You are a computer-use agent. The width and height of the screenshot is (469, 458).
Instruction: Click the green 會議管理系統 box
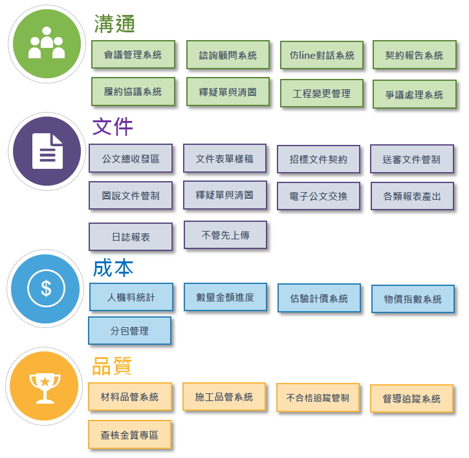click(133, 54)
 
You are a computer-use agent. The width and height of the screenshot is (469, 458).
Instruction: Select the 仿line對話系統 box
click(322, 55)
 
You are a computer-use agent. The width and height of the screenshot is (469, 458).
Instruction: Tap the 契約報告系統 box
click(415, 55)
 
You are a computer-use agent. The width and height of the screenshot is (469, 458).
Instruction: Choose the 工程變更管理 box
click(322, 93)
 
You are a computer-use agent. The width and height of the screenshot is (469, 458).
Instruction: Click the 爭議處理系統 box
click(415, 94)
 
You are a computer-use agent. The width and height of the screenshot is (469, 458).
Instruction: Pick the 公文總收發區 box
click(131, 158)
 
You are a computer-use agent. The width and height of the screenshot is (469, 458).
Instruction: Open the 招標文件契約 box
click(318, 159)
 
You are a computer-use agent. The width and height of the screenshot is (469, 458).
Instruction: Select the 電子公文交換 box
click(318, 196)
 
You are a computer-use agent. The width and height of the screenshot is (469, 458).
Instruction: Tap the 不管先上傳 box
click(225, 235)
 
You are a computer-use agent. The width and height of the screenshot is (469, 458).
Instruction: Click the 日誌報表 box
click(131, 237)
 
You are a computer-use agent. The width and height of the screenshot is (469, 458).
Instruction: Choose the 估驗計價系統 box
click(319, 298)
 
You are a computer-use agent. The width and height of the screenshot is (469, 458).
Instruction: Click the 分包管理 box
click(130, 331)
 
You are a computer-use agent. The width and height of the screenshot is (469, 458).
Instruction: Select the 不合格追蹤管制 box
click(318, 398)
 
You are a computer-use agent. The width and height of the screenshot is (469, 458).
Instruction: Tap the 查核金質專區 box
click(130, 435)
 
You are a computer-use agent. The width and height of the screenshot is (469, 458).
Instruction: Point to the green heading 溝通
click(115, 24)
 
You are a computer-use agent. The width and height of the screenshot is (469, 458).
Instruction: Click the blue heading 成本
click(113, 268)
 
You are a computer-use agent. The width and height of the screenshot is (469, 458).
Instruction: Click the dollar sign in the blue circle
click(46, 289)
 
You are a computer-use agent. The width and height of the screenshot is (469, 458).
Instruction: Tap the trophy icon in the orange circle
click(45, 388)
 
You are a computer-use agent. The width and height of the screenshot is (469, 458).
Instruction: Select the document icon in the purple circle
click(48, 151)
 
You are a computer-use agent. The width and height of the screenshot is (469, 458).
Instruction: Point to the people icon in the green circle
click(47, 43)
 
